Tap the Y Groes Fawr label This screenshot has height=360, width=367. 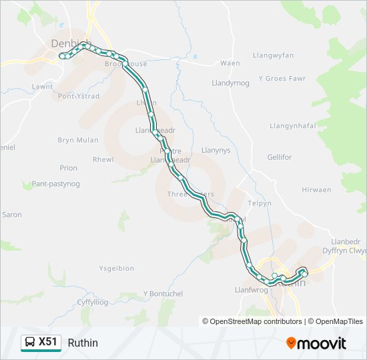(x=282, y=78)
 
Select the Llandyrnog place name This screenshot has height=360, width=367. (x=230, y=83)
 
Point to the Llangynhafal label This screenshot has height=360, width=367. (x=292, y=125)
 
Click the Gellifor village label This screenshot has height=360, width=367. (x=280, y=157)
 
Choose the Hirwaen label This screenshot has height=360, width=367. (x=316, y=190)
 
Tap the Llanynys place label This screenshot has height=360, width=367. (x=216, y=151)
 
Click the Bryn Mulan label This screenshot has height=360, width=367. (x=78, y=140)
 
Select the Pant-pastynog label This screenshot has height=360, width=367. (x=55, y=183)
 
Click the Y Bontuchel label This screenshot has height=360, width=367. (x=163, y=294)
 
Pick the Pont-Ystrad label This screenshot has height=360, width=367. (x=79, y=96)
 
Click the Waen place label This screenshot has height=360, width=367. (x=230, y=63)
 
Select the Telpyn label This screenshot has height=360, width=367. (x=260, y=203)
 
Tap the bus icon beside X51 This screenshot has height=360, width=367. (x=30, y=343)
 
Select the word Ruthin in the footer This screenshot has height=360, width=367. (x=83, y=343)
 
